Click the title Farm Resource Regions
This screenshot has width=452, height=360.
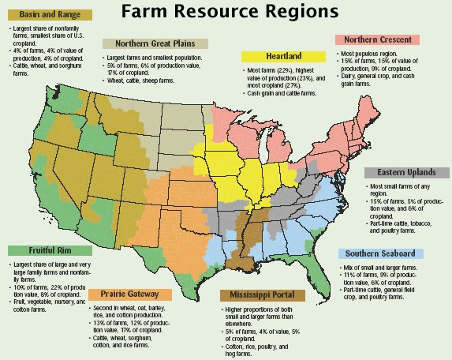click(226, 13)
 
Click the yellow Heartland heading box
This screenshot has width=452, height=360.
click(283, 56)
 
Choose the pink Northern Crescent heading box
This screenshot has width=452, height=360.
click(376, 39)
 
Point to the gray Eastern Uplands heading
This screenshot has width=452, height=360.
click(406, 173)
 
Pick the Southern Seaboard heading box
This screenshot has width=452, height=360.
click(381, 253)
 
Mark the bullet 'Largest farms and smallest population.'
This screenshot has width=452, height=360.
click(154, 58)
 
